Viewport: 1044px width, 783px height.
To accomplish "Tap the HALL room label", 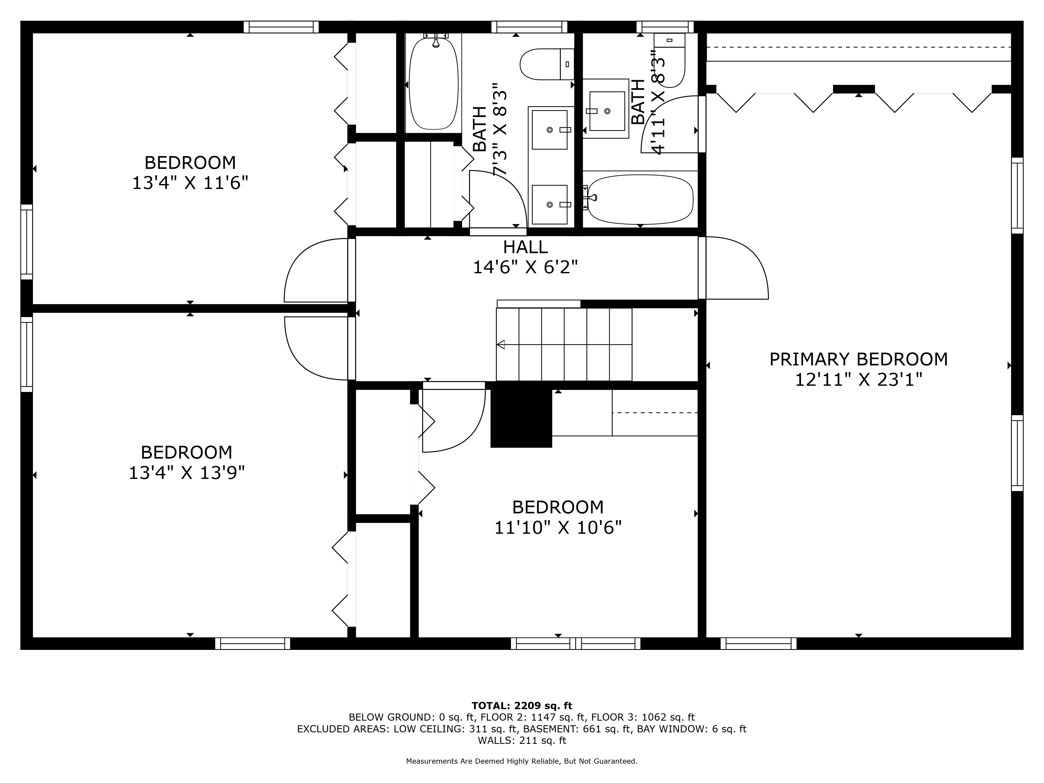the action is click(x=525, y=247).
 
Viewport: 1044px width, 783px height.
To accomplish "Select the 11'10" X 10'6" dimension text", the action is click(x=558, y=527).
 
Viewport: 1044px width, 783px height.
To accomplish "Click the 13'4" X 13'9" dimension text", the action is click(x=187, y=472).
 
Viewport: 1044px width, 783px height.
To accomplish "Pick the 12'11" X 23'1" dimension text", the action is click(x=858, y=379).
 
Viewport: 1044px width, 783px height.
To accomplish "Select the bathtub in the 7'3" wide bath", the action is click(x=433, y=84).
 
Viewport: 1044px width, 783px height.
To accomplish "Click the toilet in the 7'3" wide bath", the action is click(x=547, y=64).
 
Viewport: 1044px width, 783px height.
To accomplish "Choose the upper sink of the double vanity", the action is click(x=549, y=130).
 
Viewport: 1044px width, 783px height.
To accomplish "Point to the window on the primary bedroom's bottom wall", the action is click(x=758, y=643).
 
